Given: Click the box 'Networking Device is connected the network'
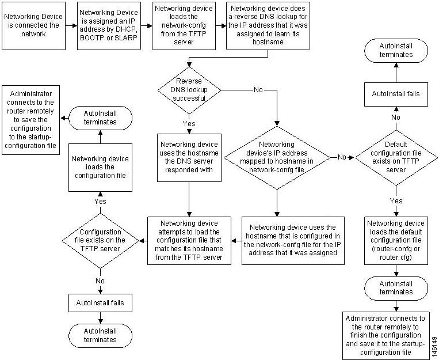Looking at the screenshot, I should click(32, 26).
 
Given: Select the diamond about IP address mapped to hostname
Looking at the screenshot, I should click(277, 156).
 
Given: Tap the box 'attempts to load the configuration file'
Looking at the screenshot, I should click(189, 240).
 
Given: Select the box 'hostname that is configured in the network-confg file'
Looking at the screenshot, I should click(293, 240).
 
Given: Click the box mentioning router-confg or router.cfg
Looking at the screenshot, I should click(396, 240).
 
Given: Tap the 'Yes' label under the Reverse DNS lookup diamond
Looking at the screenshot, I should click(189, 123).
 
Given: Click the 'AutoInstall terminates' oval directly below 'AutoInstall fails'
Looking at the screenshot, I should click(100, 335).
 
